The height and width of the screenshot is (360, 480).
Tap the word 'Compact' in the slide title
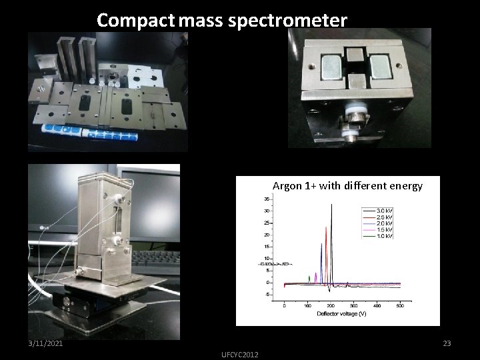[136, 20]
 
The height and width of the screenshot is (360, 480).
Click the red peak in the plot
[326, 230]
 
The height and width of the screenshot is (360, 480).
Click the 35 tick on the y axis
[266, 199]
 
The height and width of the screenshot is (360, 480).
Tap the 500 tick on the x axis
[400, 306]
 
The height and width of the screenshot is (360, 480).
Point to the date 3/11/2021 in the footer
[46, 343]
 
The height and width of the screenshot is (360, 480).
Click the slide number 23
[447, 343]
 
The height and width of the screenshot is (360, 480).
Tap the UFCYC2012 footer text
[240, 353]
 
